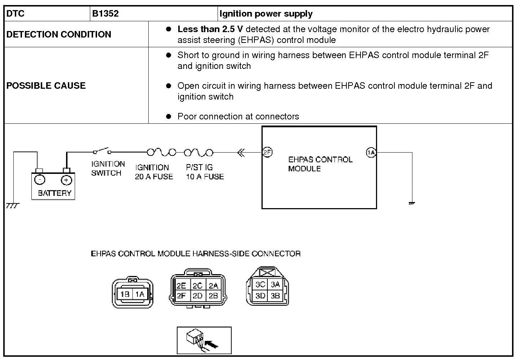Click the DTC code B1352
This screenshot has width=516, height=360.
(x=105, y=14)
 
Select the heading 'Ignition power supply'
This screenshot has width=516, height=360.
(x=266, y=14)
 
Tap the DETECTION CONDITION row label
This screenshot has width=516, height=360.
(x=59, y=34)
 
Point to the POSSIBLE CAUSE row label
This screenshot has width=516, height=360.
(x=46, y=85)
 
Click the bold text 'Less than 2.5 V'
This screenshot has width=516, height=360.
(x=210, y=29)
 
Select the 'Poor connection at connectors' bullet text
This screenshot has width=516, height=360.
(x=238, y=117)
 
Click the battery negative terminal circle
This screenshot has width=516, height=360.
(x=40, y=180)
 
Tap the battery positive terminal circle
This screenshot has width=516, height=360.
(x=66, y=180)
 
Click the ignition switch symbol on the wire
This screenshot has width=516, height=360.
(x=101, y=151)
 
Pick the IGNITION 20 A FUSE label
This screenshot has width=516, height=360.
(x=154, y=172)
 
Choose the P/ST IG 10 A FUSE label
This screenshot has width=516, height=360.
(x=205, y=172)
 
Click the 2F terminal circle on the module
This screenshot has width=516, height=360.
(x=267, y=152)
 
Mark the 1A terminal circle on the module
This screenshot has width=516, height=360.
(x=371, y=153)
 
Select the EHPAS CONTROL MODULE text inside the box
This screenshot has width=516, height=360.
(x=320, y=164)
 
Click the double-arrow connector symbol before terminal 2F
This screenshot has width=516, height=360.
(x=241, y=153)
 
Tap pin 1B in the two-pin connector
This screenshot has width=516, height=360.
(x=124, y=294)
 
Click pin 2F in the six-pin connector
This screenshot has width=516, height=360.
(x=181, y=296)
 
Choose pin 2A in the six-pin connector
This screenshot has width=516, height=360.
(x=214, y=286)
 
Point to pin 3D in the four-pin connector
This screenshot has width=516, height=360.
(x=260, y=296)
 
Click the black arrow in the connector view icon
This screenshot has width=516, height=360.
(x=213, y=346)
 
